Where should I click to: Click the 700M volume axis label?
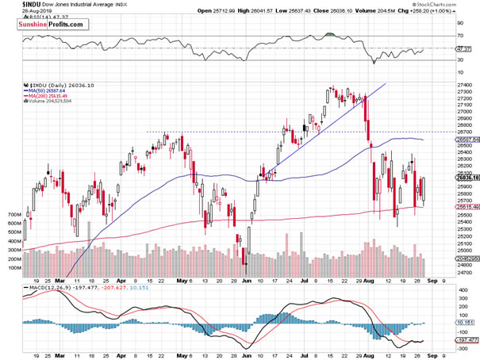click(x=12, y=215)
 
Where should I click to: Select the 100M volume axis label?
click(x=12, y=268)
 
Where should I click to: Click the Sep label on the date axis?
click(x=429, y=280)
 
